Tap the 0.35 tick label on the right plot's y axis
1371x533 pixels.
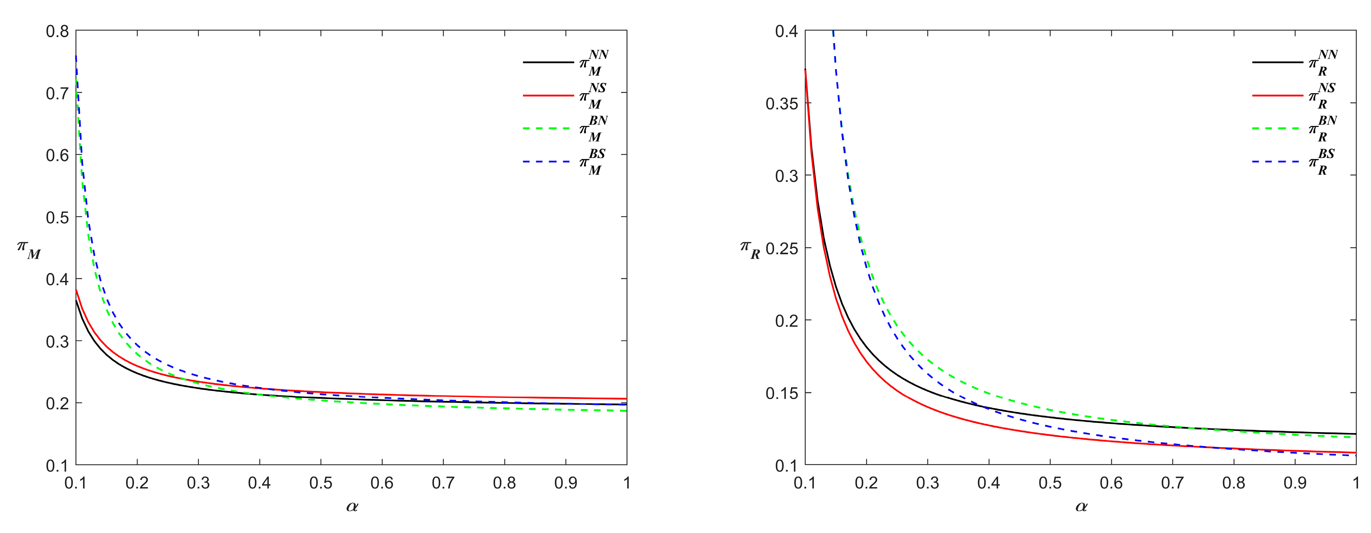tap(782, 103)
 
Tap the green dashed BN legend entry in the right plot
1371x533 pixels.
tap(1295, 129)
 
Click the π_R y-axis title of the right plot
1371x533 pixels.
tap(750, 250)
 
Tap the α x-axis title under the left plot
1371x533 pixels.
tap(352, 506)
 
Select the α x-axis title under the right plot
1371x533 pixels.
tap(1081, 506)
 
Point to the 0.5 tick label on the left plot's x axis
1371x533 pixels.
tap(321, 483)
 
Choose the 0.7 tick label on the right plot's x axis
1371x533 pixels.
tap(1172, 483)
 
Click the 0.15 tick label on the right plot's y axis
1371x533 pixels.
tap(782, 393)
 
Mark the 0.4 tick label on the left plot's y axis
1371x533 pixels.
tap(58, 279)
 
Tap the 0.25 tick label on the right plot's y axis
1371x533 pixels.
tap(782, 248)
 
